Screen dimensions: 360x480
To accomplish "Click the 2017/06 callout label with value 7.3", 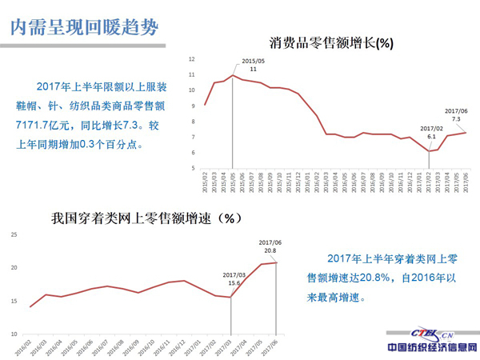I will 456,115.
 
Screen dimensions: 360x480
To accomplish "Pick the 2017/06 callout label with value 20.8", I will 270,246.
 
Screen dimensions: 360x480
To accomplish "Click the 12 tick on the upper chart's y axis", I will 192,59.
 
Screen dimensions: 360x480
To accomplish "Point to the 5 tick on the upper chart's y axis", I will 194,168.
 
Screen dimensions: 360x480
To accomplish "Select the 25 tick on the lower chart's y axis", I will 14,234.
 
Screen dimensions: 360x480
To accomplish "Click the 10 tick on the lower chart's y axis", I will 14,334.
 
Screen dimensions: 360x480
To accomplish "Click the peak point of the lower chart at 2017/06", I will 277,262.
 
